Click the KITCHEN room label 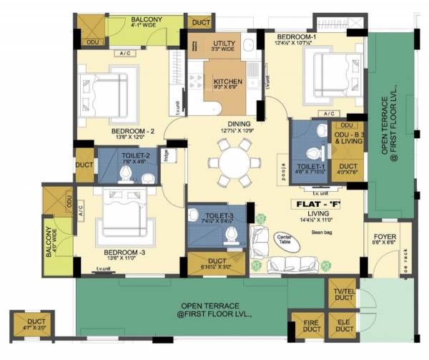coord(228,82)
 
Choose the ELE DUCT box coord(344,329)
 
